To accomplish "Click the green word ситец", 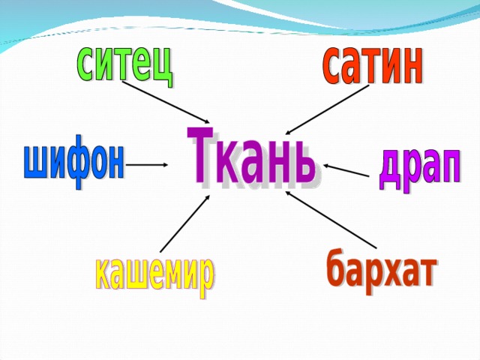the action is pos(124,65).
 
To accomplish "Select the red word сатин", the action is pos(373,65).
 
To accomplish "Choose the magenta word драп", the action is pos(420,170).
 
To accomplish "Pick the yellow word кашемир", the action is pos(154,276).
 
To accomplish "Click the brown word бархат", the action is pos(382,270).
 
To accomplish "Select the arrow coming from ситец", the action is pos(166,102).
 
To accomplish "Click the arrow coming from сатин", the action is pos(327,109).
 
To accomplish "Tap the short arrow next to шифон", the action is pos(147,165).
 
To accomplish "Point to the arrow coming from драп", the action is pos(346,170).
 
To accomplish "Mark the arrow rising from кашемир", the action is pos(185,223).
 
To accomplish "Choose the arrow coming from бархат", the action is pos(331,219).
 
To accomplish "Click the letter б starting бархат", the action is pos(337,267).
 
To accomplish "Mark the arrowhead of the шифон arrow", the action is pos(165,165).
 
